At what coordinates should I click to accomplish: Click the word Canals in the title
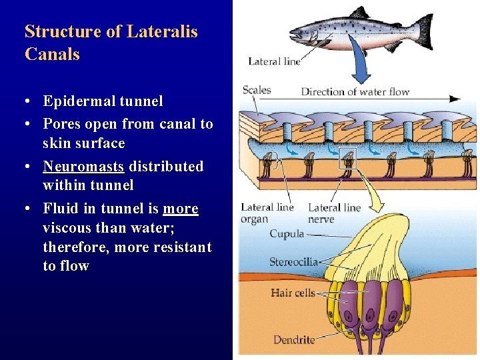(52, 54)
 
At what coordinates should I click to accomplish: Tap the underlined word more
(180, 209)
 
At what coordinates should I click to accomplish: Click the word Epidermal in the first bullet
(78, 101)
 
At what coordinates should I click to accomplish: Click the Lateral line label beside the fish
(274, 61)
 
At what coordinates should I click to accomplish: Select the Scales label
(257, 89)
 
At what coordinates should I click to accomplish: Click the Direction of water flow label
(355, 91)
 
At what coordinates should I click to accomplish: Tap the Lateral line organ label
(267, 213)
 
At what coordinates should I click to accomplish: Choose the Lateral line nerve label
(334, 213)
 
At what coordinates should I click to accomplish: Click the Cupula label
(287, 234)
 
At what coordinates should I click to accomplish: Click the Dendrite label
(294, 340)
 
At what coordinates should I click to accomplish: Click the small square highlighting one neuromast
(347, 158)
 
